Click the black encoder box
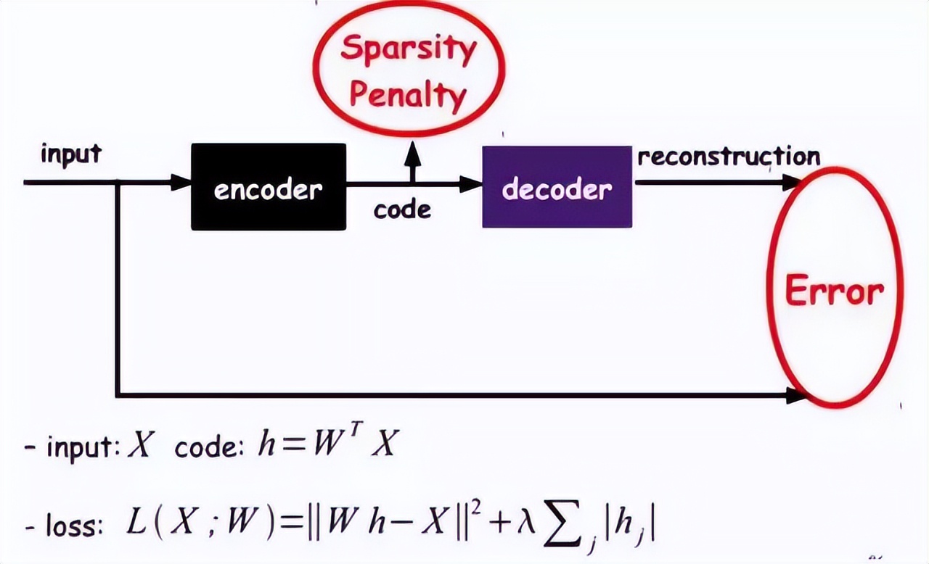tap(268, 187)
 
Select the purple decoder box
tap(557, 187)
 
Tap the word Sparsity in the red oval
tap(409, 49)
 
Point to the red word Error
tap(835, 291)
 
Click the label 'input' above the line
tap(71, 154)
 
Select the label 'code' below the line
tap(402, 210)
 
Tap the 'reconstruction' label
tap(729, 157)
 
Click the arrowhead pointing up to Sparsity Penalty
tap(412, 150)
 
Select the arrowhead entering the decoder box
tap(472, 184)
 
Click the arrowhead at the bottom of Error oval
tap(796, 396)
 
